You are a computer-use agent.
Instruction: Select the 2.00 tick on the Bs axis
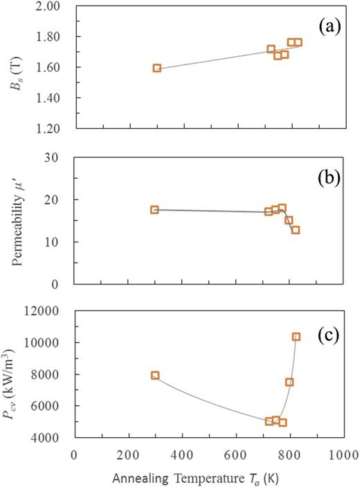click(57, 6)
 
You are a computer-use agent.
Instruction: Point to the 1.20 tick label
click(57, 129)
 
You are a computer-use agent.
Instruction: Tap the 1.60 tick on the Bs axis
click(57, 68)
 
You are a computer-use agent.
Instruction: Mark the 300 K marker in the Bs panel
click(157, 68)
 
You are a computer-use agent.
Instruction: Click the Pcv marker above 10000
click(296, 337)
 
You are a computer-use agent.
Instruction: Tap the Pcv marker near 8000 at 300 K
click(155, 375)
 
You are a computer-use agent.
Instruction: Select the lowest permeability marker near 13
click(296, 230)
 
